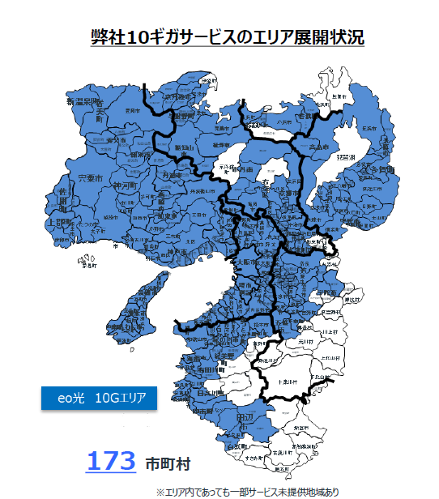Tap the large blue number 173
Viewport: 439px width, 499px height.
(110, 462)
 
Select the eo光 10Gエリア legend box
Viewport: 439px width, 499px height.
(97, 399)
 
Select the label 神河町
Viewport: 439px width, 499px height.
(126, 186)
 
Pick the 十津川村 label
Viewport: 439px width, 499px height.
(289, 382)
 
